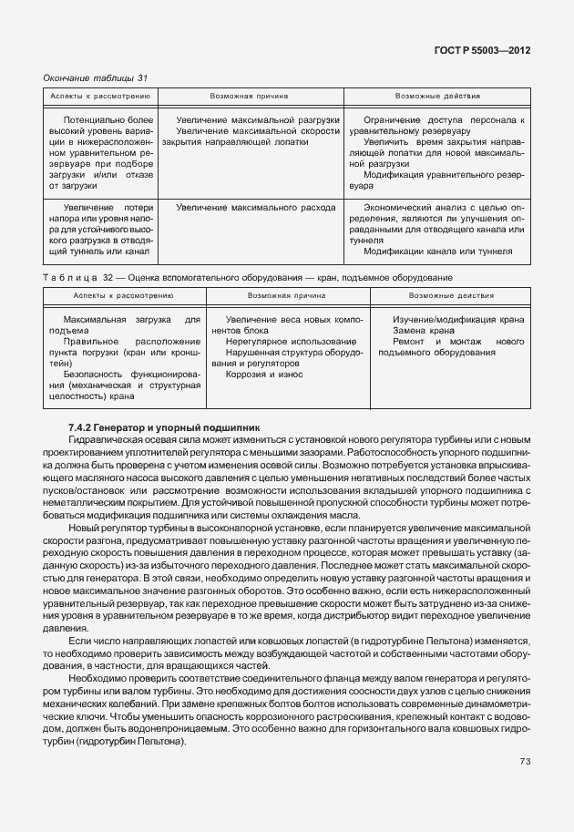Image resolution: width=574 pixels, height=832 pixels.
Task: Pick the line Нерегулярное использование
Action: click(279, 341)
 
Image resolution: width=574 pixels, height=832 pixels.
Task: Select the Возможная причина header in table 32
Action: click(287, 295)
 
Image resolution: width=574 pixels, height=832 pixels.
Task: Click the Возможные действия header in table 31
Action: click(437, 95)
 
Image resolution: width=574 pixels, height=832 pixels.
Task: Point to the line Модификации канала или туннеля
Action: click(437, 252)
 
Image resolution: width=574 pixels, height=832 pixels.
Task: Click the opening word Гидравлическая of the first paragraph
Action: click(111, 438)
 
